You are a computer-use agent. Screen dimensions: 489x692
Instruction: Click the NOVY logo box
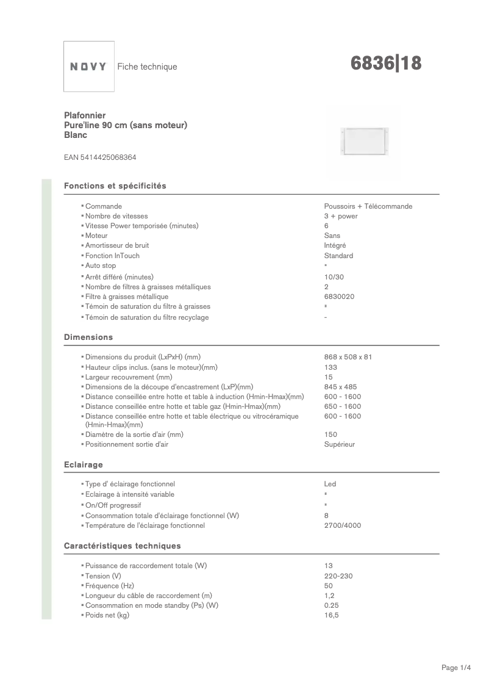89,67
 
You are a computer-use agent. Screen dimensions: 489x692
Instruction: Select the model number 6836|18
387,63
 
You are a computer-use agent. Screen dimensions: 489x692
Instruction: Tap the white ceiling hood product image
365,142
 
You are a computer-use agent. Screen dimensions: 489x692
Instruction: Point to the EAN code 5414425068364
100,157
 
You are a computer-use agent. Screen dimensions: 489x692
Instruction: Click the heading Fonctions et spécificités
115,186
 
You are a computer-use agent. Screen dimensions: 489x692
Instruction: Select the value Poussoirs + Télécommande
368,206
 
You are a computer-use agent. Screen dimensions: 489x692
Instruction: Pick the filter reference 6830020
340,297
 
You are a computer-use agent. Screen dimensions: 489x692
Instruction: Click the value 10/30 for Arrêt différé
334,277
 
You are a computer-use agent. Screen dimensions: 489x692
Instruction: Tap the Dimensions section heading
88,337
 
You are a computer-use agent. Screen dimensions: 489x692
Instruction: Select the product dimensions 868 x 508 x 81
348,357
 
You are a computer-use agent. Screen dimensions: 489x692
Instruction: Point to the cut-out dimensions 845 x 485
341,387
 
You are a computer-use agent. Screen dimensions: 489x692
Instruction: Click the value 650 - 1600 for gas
343,406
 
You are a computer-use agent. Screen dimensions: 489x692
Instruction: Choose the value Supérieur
340,444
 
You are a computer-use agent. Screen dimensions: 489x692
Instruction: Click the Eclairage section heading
84,465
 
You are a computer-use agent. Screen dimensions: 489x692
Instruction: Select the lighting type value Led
330,484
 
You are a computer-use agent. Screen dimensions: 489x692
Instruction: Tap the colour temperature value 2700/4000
343,525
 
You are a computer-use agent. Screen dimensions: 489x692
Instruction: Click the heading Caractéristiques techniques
123,546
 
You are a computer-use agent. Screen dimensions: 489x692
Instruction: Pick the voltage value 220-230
338,576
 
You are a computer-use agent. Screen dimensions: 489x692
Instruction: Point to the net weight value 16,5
331,615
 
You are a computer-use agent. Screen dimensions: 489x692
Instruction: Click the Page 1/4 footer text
457,668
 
